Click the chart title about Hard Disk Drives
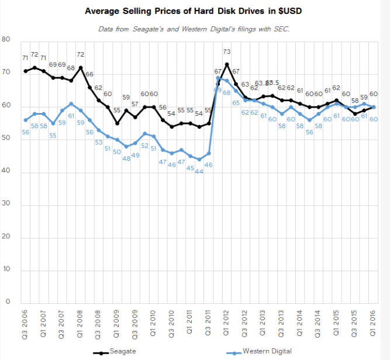tap(194, 11)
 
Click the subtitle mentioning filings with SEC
tap(195, 29)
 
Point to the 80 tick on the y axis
tap(6, 40)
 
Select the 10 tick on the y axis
tap(6, 270)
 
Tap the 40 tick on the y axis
tap(6, 173)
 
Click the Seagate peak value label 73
tap(227, 52)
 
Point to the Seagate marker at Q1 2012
tap(227, 64)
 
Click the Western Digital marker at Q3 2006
tap(25, 120)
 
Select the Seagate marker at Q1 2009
tap(117, 123)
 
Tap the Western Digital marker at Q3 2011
tap(209, 153)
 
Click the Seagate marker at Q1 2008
tap(80, 67)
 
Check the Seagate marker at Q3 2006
tap(25, 71)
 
